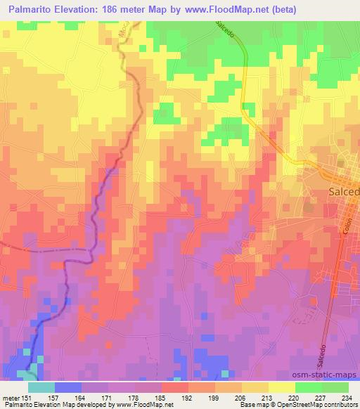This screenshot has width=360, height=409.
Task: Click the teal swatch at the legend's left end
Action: pos(41,387)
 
